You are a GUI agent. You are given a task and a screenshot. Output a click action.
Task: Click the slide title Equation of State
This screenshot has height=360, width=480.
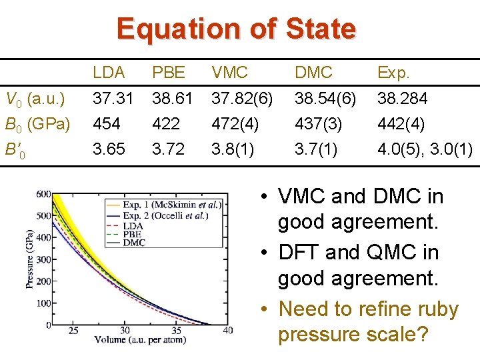pyautogui.click(x=236, y=29)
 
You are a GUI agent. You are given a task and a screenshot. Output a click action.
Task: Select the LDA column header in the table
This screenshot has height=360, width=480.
pyautogui.click(x=109, y=72)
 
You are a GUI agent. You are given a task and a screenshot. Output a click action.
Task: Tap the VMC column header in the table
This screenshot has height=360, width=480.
pyautogui.click(x=229, y=72)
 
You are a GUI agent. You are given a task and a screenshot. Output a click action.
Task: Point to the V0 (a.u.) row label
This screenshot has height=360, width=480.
pyautogui.click(x=34, y=99)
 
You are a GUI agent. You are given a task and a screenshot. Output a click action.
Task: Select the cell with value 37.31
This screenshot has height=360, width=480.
pyautogui.click(x=113, y=99)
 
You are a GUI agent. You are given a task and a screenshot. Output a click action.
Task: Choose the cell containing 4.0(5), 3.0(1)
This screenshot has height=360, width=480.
pyautogui.click(x=425, y=149)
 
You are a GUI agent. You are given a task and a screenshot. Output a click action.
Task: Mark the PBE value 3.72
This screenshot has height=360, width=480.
pyautogui.click(x=168, y=149)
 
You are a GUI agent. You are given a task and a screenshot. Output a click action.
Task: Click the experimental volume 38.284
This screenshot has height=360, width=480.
pyautogui.click(x=403, y=99)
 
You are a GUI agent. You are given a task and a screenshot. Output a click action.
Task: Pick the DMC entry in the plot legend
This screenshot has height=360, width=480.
pyautogui.click(x=134, y=243)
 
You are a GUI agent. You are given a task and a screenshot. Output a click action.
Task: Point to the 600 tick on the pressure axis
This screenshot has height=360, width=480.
pyautogui.click(x=43, y=194)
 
